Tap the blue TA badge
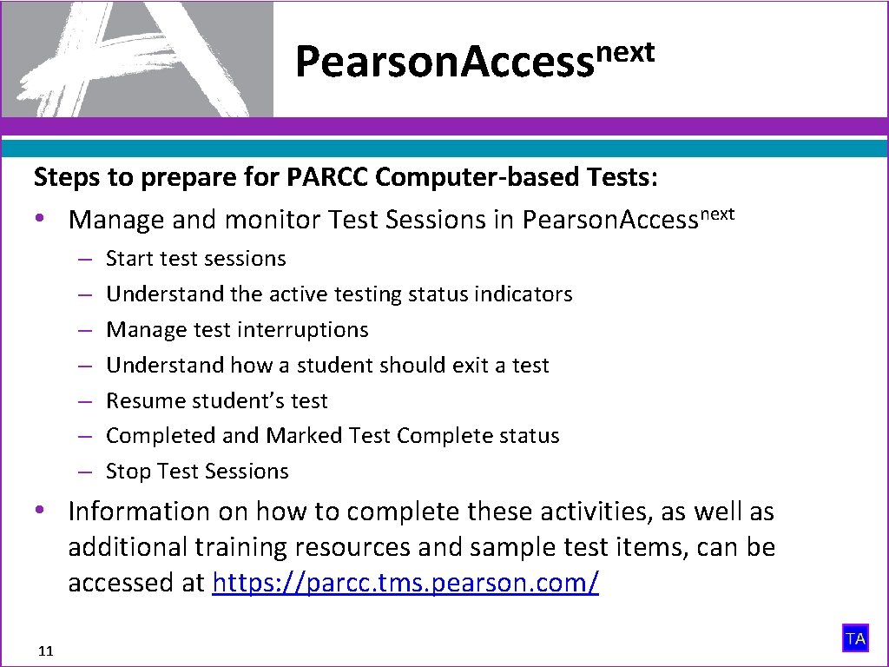tap(855, 639)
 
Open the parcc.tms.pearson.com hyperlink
tap(405, 583)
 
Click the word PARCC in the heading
tap(329, 177)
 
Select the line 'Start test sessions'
tap(195, 259)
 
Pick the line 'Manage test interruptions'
tap(237, 330)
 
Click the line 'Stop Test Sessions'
tap(197, 472)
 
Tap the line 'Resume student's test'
tap(217, 401)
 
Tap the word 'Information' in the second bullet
tap(139, 512)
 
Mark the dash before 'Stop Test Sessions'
tap(84, 472)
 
